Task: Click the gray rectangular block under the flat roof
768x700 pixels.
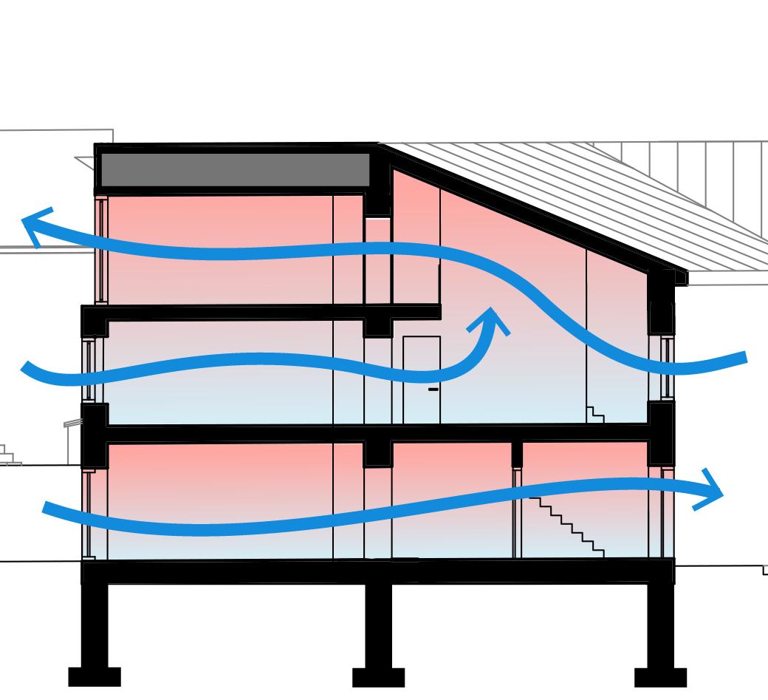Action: [x=234, y=169]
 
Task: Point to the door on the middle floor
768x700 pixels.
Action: [x=422, y=380]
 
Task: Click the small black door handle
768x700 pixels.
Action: [x=433, y=389]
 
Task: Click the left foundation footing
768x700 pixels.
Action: [x=95, y=676]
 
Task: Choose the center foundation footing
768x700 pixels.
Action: [x=378, y=676]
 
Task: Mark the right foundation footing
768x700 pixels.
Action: [x=660, y=676]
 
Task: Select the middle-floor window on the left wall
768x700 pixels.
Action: [x=89, y=370]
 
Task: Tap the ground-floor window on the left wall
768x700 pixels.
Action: [x=88, y=514]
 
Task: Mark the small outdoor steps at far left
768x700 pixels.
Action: [x=7, y=455]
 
